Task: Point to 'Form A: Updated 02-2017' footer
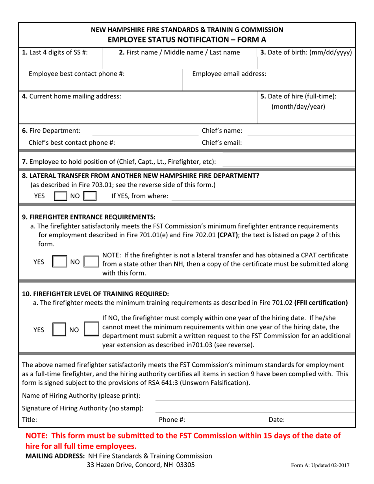320,465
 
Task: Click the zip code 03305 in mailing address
185,465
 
